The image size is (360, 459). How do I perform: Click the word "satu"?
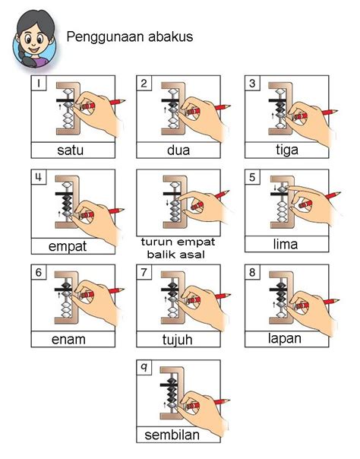point(70,150)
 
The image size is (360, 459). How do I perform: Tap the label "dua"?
point(178,150)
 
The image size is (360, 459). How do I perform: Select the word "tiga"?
point(287,150)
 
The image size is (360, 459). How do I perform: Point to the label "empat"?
point(68,246)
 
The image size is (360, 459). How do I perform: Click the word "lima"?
point(286,244)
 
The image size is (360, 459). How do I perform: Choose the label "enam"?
point(68,340)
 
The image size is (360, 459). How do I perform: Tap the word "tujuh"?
point(178,340)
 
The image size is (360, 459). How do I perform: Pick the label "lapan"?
point(285,339)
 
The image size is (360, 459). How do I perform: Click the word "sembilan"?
point(172,435)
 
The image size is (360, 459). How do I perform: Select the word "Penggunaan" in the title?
point(106,37)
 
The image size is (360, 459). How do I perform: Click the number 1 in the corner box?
point(38,84)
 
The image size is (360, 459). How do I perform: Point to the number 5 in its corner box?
point(252,177)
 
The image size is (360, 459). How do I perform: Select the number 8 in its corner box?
point(252,273)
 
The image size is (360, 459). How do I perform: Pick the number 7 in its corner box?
point(144,273)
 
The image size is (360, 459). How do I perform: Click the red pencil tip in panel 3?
point(336,111)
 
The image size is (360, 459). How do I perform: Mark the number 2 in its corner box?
point(144,84)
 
